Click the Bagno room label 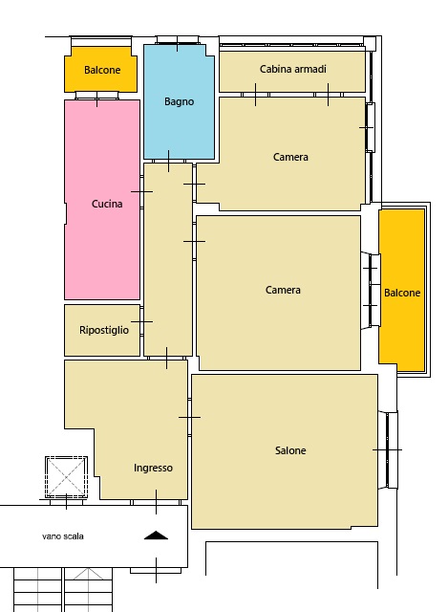[x=179, y=102]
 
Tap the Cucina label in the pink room [x=107, y=204]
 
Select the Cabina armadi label [x=293, y=69]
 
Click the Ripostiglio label [x=104, y=330]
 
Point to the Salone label [x=290, y=450]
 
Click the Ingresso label [x=153, y=468]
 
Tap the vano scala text [x=63, y=536]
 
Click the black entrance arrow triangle [x=156, y=535]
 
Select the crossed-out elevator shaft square [x=66, y=477]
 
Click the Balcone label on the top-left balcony [x=102, y=70]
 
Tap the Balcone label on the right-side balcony [x=402, y=293]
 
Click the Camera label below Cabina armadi [x=290, y=157]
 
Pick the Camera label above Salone [x=283, y=290]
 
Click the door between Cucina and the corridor [x=142, y=191]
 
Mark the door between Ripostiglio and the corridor [x=142, y=321]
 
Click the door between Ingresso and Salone [x=189, y=417]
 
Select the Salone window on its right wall [x=388, y=450]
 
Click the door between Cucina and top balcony [x=97, y=96]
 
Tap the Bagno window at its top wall [x=178, y=40]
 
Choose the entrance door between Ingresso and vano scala [x=156, y=502]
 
